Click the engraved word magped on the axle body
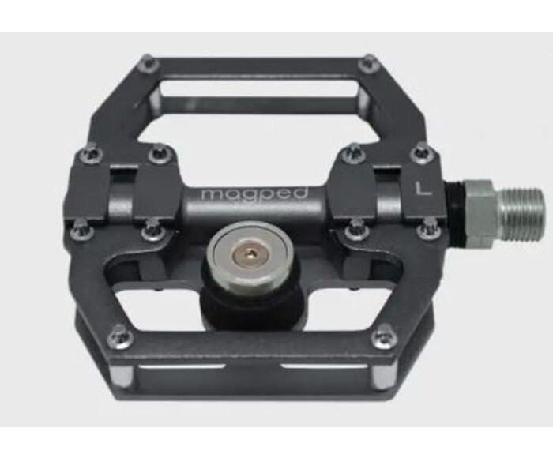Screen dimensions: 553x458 [254, 194]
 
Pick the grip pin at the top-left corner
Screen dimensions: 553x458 [149, 64]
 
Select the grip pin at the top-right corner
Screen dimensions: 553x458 [369, 64]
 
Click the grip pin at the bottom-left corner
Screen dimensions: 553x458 [120, 336]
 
